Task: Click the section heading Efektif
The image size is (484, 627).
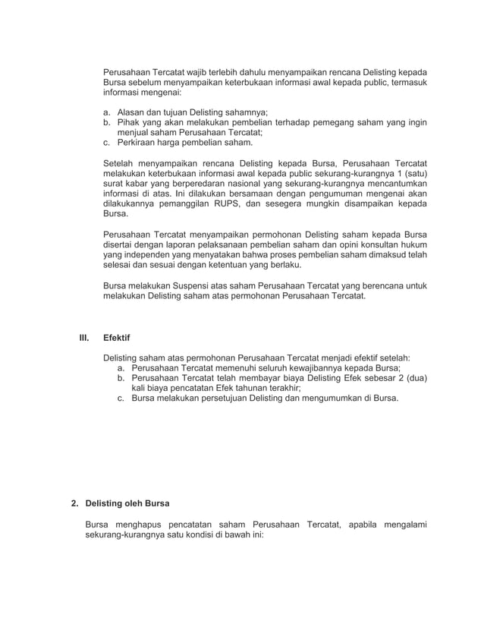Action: coord(117,337)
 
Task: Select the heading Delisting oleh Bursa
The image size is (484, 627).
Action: coord(127,503)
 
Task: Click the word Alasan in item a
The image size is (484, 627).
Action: coord(131,112)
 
